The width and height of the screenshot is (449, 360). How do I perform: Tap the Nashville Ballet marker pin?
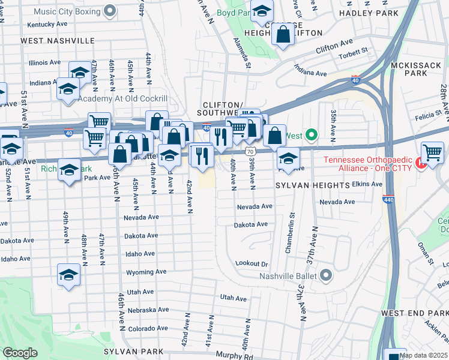[x=326, y=276]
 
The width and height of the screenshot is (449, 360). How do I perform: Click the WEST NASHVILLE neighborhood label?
[x=58, y=40]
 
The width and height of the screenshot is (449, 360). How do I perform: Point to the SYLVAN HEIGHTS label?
[x=312, y=187]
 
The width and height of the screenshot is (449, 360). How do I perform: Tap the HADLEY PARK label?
[x=369, y=13]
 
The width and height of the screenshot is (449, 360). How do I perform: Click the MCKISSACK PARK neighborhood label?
[x=424, y=67]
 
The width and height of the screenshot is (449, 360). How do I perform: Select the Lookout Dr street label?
[x=251, y=263]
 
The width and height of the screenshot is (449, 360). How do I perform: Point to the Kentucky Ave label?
[x=47, y=24]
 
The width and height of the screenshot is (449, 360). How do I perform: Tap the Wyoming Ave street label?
[x=146, y=272]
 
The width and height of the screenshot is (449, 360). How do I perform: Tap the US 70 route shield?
[x=249, y=152]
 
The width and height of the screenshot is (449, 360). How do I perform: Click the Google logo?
[x=20, y=353]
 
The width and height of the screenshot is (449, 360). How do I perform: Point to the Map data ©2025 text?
[x=423, y=355]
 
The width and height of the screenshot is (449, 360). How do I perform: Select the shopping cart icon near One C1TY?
[x=432, y=153]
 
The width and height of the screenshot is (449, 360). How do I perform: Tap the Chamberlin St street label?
[x=292, y=232]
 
